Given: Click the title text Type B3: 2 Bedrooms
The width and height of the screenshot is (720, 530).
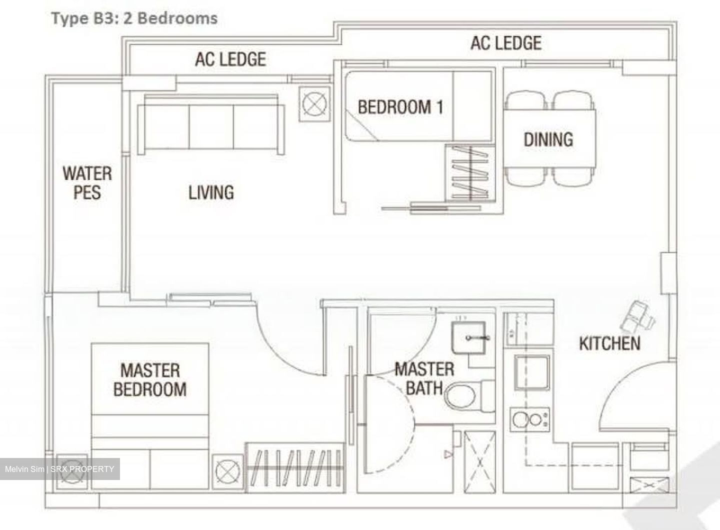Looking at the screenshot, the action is [134, 18].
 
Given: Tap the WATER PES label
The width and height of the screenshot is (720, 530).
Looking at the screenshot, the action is [87, 183].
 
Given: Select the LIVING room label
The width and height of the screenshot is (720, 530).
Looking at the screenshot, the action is [211, 192].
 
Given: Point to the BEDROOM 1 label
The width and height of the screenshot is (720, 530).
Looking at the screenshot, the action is [400, 107].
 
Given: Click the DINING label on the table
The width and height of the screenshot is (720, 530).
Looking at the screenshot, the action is [548, 139].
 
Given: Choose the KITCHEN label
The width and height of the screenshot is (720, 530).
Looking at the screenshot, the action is [610, 343].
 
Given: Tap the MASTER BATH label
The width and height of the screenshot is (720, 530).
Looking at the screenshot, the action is [424, 378].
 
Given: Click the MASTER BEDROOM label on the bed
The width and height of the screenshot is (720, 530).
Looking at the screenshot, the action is [150, 379].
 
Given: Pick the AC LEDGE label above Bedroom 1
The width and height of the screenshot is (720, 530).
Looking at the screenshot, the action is [506, 43].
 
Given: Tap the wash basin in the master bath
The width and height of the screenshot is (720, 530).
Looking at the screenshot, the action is [468, 337].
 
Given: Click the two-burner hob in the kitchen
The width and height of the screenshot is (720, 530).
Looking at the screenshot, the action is [529, 419].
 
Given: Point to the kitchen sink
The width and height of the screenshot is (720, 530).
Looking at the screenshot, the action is [532, 372].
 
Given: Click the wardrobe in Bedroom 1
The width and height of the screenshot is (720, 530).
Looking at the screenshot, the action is [470, 173].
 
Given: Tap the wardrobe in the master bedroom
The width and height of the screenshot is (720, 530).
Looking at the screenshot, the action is [295, 467].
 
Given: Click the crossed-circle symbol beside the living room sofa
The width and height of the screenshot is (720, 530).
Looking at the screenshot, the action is [314, 104].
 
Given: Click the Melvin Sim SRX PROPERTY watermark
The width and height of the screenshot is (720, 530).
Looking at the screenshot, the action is [60, 469].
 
